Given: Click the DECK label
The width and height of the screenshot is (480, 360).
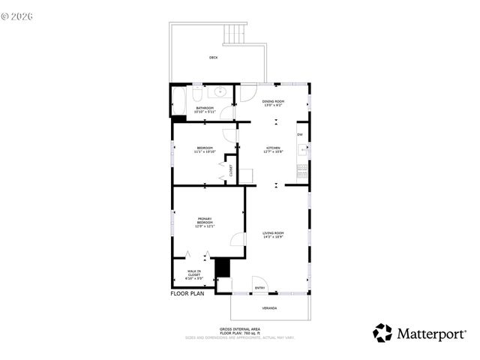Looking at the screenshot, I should (214, 58).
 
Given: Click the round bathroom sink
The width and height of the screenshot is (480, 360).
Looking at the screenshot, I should (220, 92).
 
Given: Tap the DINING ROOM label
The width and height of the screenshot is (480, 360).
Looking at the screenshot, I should (273, 103).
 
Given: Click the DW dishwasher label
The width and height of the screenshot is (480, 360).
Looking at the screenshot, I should (299, 134).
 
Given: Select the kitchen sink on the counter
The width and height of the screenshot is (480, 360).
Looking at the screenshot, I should (302, 150).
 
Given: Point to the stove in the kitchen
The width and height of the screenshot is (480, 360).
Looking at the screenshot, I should (302, 169).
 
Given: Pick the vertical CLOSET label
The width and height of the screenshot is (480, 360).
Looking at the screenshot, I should (231, 170).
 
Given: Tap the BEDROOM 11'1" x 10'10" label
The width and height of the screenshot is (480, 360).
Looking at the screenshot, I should (205, 149).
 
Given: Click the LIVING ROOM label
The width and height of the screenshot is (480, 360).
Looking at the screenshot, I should (273, 235).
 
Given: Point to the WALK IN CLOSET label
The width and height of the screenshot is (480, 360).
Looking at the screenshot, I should (193, 275).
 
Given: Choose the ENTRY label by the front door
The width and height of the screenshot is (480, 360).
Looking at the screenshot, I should (260, 287).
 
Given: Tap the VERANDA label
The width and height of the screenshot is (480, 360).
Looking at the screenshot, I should (268, 308).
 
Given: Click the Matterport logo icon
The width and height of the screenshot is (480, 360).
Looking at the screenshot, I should (382, 332).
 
